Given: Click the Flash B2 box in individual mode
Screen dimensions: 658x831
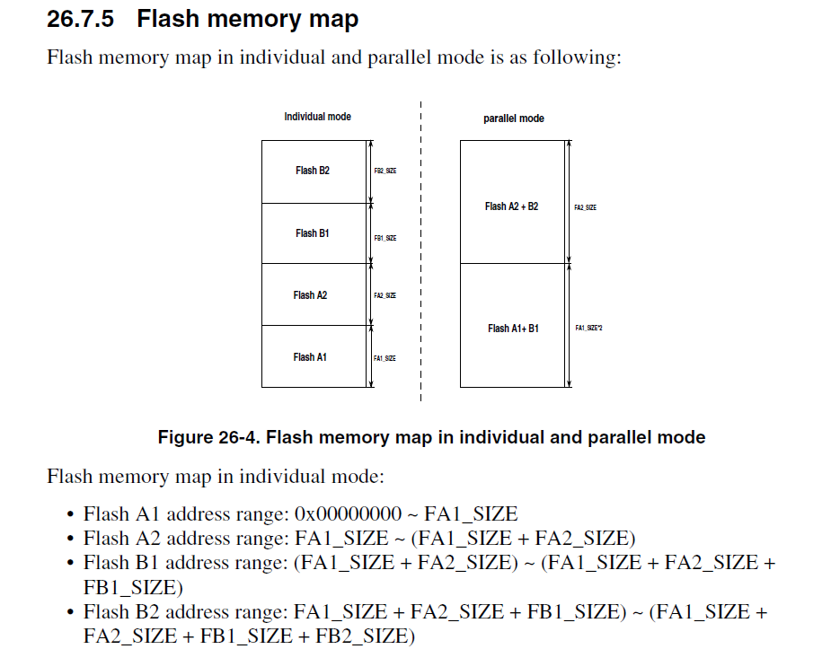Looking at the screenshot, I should pos(314,171).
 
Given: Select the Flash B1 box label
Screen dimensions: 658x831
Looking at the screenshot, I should pos(313,233).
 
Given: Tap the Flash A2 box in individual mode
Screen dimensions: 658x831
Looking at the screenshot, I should pos(314,294).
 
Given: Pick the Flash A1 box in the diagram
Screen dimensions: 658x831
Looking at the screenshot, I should pos(314,356).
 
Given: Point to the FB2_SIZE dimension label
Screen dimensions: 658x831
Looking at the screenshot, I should pos(385,171).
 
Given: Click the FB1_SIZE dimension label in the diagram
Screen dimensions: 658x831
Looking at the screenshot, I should pos(385,238).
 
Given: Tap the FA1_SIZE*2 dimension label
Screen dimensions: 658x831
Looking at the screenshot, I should pos(589,329).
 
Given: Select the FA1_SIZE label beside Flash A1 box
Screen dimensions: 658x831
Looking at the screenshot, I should pos(385,358).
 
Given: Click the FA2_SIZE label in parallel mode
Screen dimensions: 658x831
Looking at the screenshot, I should pos(585,207).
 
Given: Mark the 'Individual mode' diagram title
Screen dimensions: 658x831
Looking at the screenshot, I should pos(317,117).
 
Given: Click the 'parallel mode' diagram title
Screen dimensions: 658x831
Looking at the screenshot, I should pos(513,118).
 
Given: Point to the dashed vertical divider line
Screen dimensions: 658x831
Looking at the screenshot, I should pos(420,269).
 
